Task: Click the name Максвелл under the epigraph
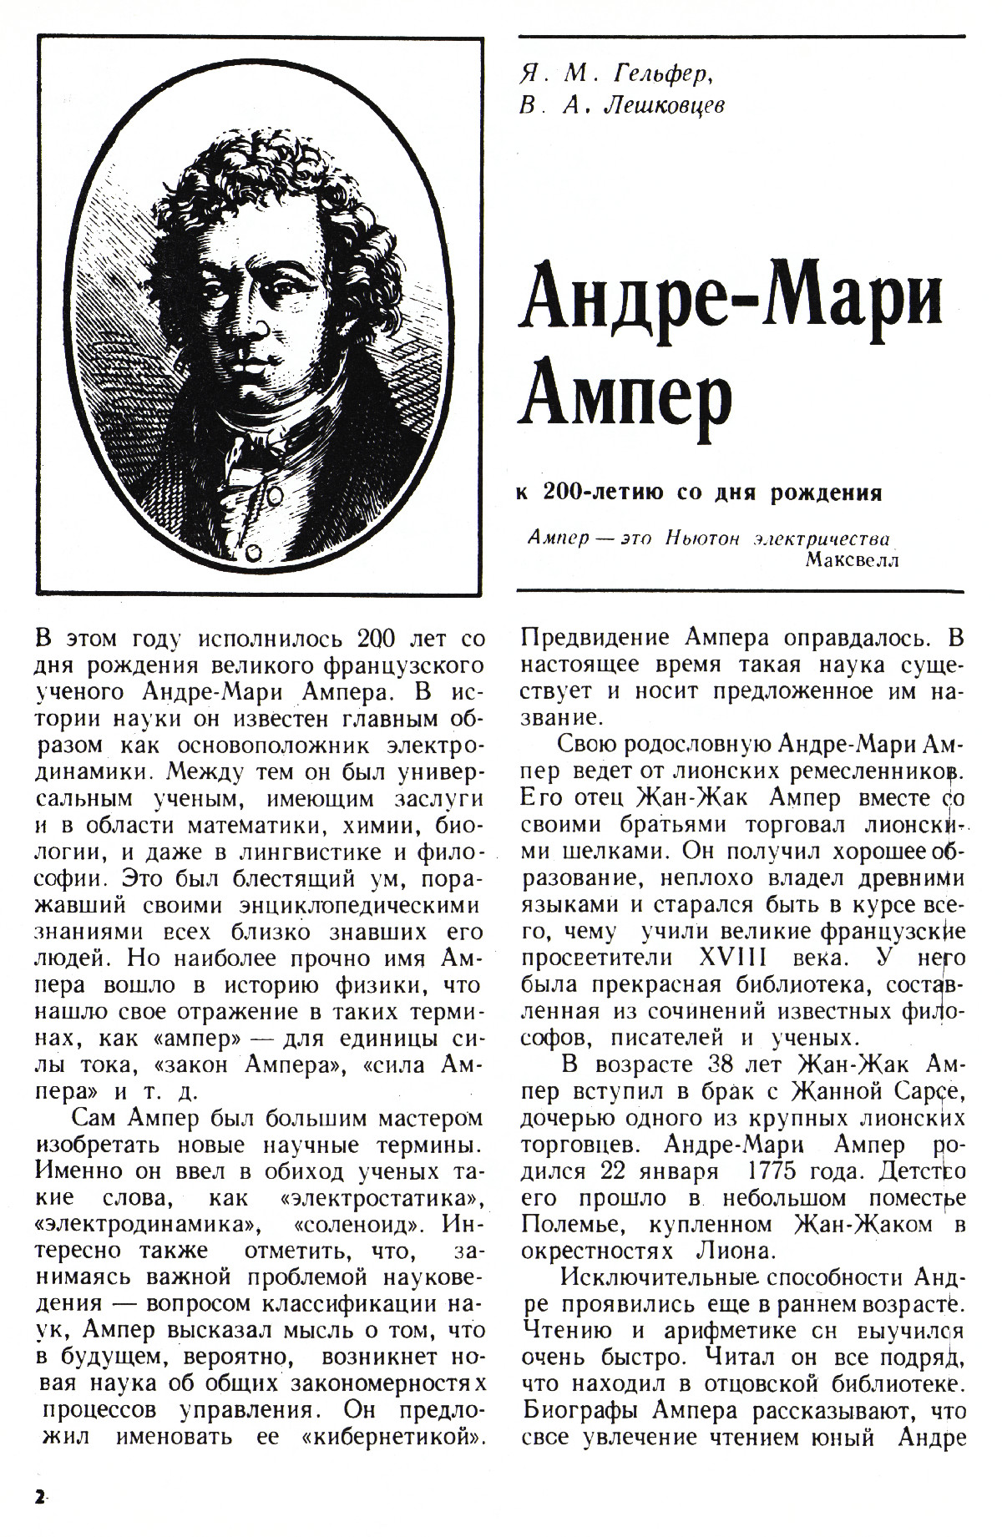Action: coord(853,559)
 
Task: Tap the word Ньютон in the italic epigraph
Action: coord(702,538)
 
